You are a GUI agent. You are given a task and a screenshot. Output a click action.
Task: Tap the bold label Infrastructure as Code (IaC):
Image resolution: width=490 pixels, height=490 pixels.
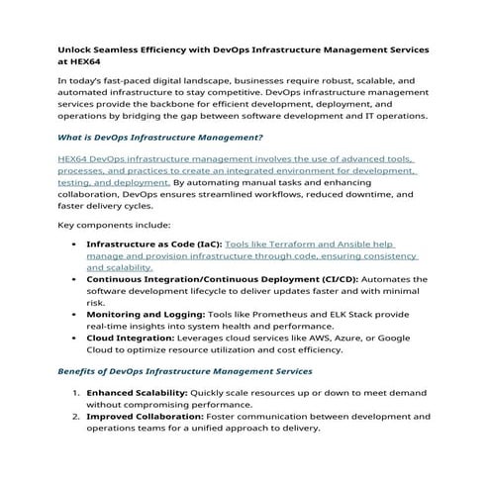coord(154,244)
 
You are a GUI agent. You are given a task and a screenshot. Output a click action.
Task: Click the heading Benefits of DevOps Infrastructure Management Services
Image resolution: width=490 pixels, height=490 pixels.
coord(185,371)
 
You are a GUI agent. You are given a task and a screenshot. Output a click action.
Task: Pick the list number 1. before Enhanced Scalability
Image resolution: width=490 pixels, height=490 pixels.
coord(76,393)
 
